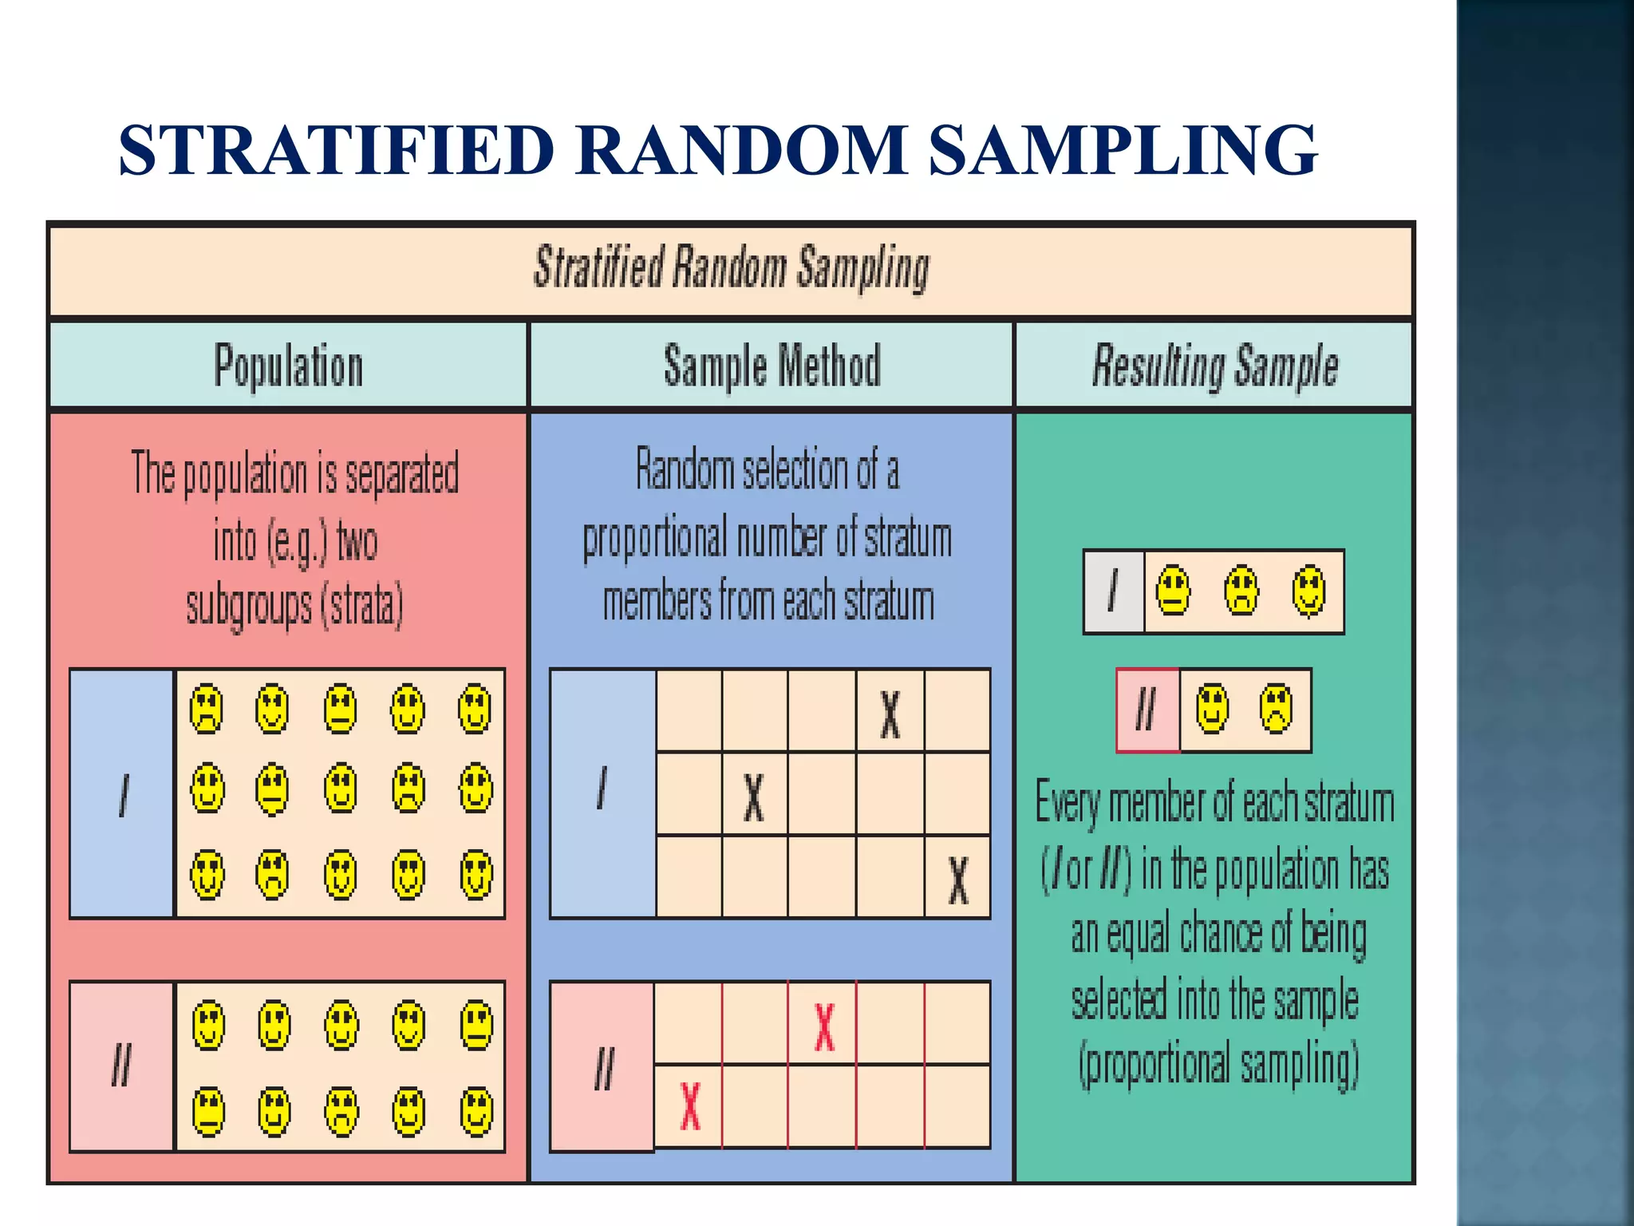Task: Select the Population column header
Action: tap(288, 366)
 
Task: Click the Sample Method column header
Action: tap(772, 366)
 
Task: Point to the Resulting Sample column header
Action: tap(1214, 366)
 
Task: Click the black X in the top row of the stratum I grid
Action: tap(890, 714)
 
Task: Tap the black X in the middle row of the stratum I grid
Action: tap(754, 797)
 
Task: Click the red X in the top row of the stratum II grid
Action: tap(824, 1026)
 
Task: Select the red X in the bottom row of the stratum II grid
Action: tap(690, 1106)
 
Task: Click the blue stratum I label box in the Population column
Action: tap(122, 794)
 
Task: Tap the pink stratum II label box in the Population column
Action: tap(122, 1066)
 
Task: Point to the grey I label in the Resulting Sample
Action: tap(1114, 591)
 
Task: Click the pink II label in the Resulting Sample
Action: tap(1147, 710)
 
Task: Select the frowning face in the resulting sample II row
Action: tap(1276, 709)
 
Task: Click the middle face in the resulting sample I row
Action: tap(1241, 591)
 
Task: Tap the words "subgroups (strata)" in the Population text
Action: tap(294, 606)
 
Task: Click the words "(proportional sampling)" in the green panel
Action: tap(1218, 1066)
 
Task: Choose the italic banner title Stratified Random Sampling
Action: tap(731, 268)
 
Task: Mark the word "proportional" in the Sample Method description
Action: tap(655, 539)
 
